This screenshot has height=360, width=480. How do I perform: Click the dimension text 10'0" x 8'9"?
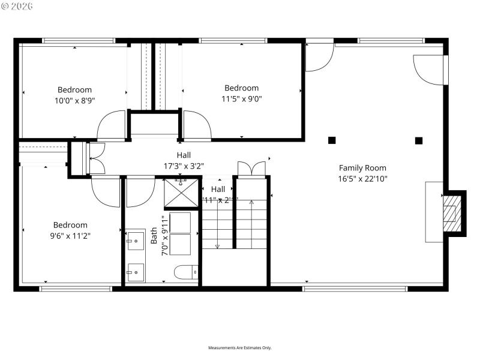click(x=74, y=101)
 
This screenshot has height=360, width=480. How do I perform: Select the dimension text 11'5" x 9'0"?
click(x=241, y=99)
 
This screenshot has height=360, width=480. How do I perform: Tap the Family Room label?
click(x=362, y=168)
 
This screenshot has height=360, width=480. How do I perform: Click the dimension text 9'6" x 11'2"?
click(x=71, y=236)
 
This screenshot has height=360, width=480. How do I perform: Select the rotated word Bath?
click(x=154, y=235)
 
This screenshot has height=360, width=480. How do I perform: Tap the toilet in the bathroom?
click(x=186, y=273)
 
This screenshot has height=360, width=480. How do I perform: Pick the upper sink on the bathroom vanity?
click(x=135, y=240)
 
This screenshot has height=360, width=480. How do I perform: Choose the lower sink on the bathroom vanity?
click(x=135, y=272)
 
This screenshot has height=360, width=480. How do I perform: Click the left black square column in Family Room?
click(x=332, y=140)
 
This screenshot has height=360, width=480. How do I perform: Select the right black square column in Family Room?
click(x=419, y=140)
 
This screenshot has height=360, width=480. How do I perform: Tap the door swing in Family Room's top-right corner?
click(x=430, y=70)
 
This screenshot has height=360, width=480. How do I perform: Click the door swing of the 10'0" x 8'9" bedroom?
click(x=112, y=125)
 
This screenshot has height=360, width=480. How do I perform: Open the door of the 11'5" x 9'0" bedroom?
click(x=197, y=125)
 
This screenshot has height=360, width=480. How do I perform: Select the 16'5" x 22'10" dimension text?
click(x=362, y=179)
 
